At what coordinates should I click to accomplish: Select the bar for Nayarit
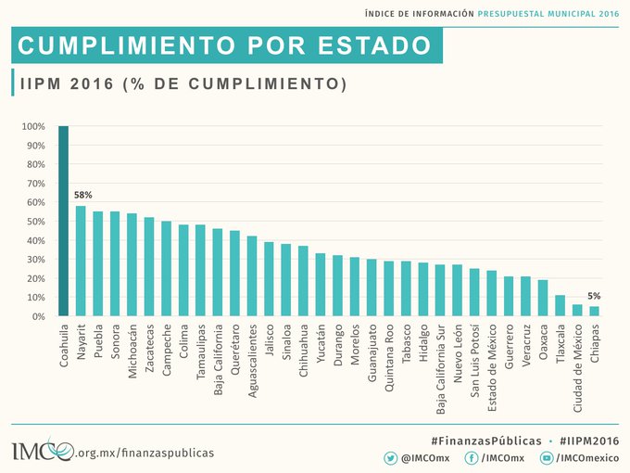(x=81, y=261)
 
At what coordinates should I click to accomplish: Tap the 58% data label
(x=83, y=196)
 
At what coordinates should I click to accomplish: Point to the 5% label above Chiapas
(x=594, y=296)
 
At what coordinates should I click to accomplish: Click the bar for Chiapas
(x=594, y=312)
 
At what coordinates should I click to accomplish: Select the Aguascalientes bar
(x=252, y=276)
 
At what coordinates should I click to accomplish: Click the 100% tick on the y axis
(x=33, y=127)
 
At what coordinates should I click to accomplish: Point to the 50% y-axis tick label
(x=34, y=222)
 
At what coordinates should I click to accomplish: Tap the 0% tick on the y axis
(x=37, y=316)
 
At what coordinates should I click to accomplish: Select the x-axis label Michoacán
(x=132, y=349)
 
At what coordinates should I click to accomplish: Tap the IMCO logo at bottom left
(x=42, y=450)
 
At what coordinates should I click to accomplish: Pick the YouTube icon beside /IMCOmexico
(x=547, y=457)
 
